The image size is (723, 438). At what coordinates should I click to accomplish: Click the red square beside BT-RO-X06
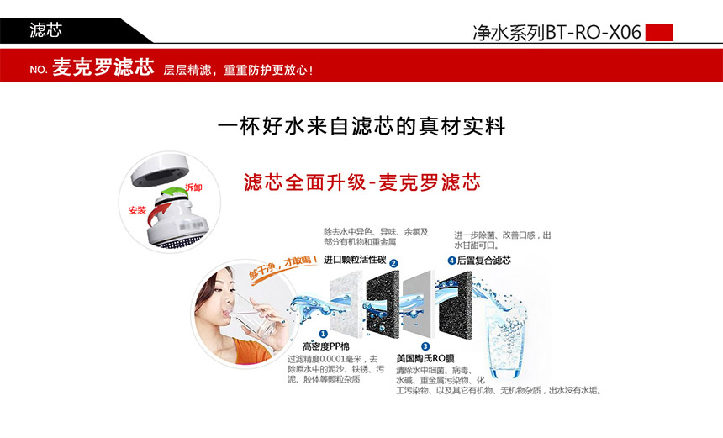tap(658, 32)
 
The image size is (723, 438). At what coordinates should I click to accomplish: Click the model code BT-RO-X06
tap(594, 33)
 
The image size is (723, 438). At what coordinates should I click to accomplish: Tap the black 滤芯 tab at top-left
tap(45, 30)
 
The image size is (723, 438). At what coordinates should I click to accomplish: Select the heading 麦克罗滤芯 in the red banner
tap(103, 67)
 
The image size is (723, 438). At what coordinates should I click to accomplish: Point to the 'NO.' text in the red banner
tap(38, 70)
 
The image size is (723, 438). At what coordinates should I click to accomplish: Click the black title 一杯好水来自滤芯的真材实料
tap(361, 127)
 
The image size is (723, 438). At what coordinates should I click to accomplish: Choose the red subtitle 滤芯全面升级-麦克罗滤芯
tap(361, 182)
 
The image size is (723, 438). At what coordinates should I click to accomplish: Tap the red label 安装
tap(137, 210)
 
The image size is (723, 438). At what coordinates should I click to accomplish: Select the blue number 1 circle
tap(323, 334)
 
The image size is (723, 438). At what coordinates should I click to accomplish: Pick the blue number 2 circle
tap(393, 263)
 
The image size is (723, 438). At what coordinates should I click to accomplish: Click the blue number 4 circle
tap(451, 261)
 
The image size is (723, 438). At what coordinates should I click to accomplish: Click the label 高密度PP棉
tap(325, 346)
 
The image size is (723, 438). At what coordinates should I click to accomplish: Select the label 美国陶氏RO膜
tap(425, 358)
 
